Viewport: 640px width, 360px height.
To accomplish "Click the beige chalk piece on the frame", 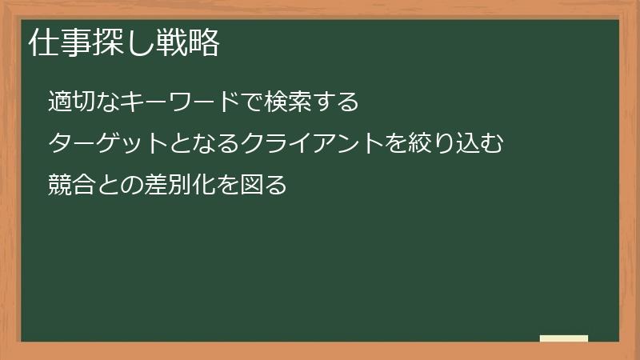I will (x=563, y=338).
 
